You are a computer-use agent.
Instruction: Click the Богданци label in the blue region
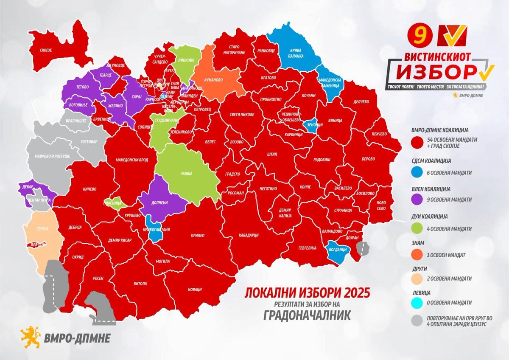[338, 250]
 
